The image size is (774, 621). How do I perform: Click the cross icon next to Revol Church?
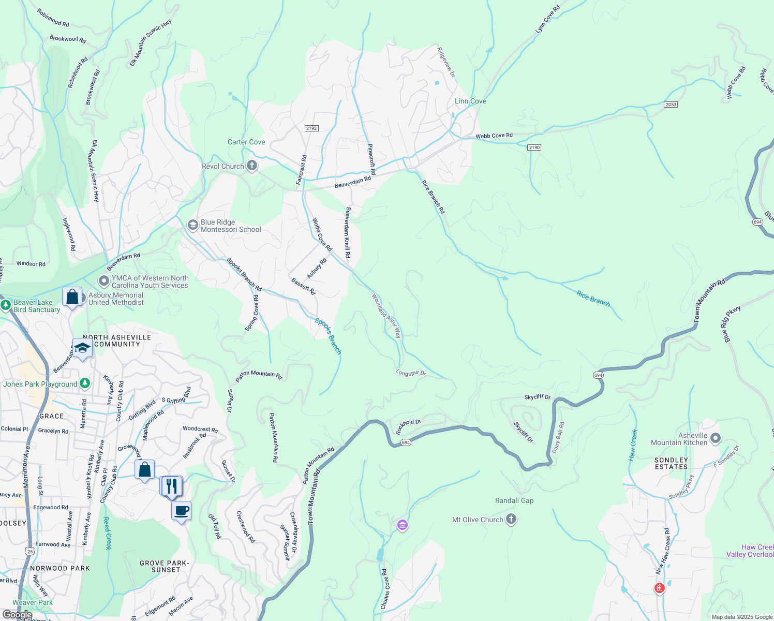tap(252, 166)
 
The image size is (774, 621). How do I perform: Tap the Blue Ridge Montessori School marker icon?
tap(192, 225)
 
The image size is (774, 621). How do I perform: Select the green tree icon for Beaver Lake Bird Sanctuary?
tap(6, 305)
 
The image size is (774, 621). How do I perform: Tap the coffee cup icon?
tap(181, 511)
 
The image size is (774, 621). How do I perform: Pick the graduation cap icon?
tap(82, 348)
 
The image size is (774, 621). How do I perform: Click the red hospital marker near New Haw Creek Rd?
tap(659, 588)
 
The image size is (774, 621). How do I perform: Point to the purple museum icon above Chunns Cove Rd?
tap(403, 526)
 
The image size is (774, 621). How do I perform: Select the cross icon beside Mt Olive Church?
tap(511, 519)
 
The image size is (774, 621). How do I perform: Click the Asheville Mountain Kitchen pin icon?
tap(716, 439)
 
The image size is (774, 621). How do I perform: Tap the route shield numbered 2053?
tap(671, 105)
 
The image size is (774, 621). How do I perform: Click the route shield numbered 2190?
tap(534, 147)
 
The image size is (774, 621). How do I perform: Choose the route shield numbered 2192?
tap(311, 128)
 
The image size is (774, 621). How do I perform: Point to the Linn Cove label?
tap(470, 101)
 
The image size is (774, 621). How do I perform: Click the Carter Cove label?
tap(246, 142)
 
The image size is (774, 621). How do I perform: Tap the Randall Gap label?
tap(514, 500)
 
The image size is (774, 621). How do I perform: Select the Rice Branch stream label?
tap(593, 299)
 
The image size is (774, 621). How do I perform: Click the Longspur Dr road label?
tap(411, 373)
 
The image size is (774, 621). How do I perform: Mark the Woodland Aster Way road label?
tap(386, 316)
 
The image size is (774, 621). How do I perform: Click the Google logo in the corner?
tap(17, 615)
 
